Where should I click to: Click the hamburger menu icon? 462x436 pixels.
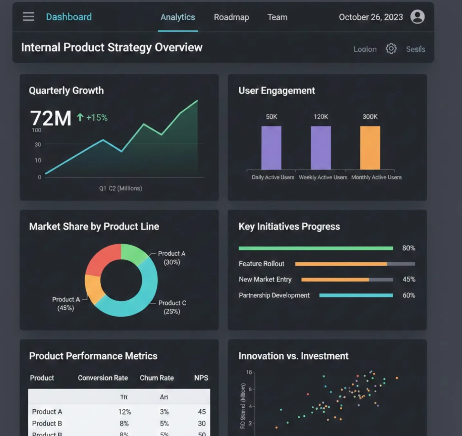click(x=28, y=17)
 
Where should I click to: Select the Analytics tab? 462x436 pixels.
click(x=178, y=17)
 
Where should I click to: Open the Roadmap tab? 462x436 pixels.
click(x=231, y=17)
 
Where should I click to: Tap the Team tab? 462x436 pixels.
click(x=277, y=17)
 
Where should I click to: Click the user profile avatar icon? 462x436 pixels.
click(x=417, y=17)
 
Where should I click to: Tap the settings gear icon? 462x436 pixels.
click(x=391, y=49)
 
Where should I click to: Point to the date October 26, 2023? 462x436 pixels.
click(x=371, y=17)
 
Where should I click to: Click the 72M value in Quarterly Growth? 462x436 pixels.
click(x=51, y=118)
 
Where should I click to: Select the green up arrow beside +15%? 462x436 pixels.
click(x=80, y=117)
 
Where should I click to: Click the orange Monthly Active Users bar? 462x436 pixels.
click(x=370, y=148)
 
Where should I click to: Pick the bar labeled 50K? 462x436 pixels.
click(x=271, y=148)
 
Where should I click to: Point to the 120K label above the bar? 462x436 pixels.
click(x=321, y=117)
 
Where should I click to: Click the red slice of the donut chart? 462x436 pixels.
click(x=101, y=259)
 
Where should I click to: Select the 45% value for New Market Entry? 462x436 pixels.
click(x=409, y=279)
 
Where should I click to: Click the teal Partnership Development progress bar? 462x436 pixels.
click(x=356, y=295)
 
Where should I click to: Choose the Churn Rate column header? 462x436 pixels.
click(x=157, y=378)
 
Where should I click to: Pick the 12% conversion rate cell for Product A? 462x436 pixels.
click(x=124, y=412)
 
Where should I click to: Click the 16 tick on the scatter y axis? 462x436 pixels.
click(x=249, y=372)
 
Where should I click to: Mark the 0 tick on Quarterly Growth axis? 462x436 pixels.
click(x=40, y=177)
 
